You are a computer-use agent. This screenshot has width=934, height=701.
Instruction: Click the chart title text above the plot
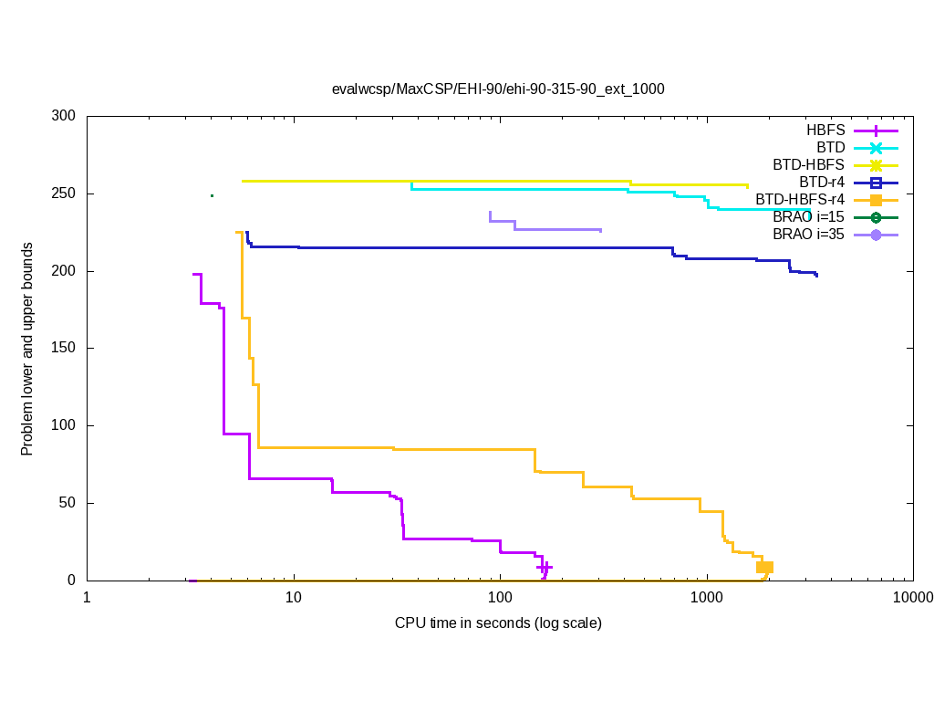[x=498, y=89]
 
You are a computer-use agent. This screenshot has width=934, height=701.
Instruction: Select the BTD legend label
[x=831, y=148]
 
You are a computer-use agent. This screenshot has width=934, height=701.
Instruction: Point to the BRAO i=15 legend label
[x=808, y=217]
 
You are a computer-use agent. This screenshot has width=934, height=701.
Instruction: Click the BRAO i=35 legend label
[x=808, y=235]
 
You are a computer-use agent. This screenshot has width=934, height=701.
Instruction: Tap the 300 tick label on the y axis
[x=63, y=117]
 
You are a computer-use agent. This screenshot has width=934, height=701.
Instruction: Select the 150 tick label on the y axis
[x=63, y=349]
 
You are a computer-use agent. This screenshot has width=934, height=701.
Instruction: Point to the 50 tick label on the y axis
[x=67, y=503]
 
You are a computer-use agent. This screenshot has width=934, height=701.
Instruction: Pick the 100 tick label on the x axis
[x=500, y=598]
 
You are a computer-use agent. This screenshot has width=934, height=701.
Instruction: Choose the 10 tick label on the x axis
[x=293, y=598]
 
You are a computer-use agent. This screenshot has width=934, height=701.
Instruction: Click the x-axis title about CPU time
[x=498, y=623]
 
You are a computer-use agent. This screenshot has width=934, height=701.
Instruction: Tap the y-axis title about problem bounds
[x=27, y=349]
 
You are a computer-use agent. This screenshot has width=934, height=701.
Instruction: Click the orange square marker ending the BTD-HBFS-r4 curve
[x=764, y=568]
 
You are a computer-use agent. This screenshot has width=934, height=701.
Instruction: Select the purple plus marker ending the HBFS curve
[x=545, y=568]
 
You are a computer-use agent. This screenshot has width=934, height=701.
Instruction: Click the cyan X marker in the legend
[x=876, y=148]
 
